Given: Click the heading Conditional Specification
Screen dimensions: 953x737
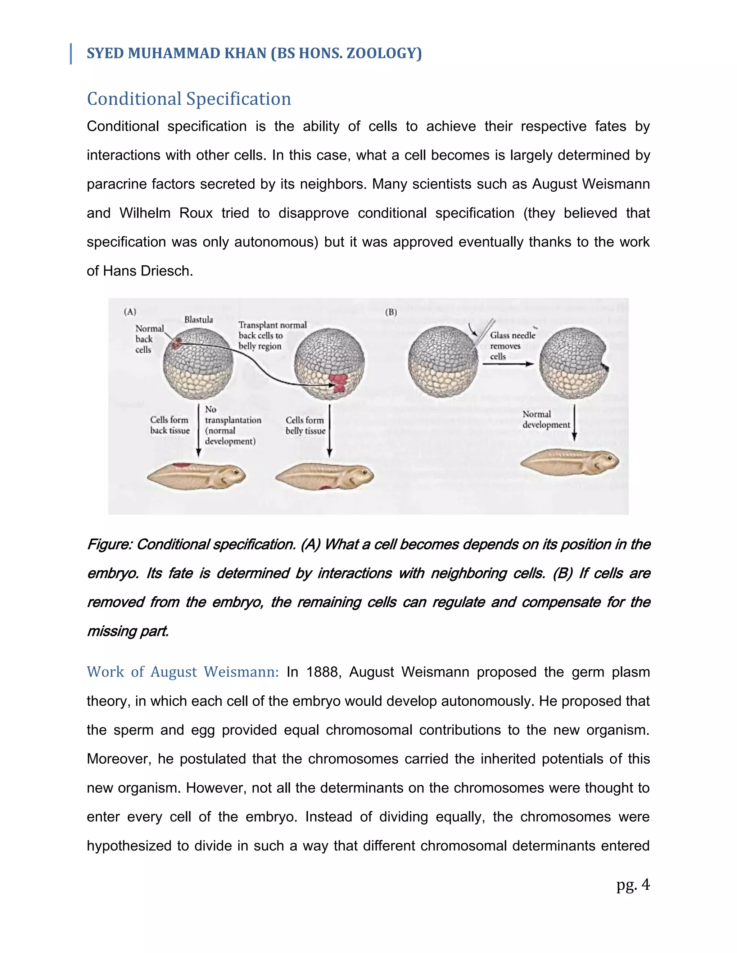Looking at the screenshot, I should click(189, 99).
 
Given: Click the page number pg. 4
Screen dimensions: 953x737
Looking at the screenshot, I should click(633, 885).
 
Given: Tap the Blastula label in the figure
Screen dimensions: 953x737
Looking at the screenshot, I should click(199, 320).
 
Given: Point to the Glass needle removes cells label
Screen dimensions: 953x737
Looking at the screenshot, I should click(512, 346).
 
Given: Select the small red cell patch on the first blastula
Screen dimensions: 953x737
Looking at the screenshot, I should click(176, 343).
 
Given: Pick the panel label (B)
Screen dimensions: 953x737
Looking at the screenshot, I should click(391, 312).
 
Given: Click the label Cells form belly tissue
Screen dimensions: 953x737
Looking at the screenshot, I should click(305, 425).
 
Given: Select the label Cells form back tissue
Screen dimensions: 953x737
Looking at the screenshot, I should click(170, 425).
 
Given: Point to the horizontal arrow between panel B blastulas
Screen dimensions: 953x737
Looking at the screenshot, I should click(508, 364).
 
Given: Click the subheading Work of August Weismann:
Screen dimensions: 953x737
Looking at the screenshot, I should click(182, 672).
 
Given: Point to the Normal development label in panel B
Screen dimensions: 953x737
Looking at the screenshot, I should click(546, 419).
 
